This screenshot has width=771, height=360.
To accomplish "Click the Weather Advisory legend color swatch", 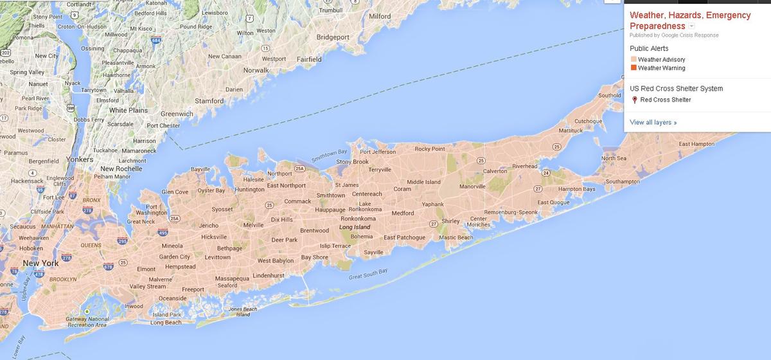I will tap(634, 60).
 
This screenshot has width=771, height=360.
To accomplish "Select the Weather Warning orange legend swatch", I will tap(634, 68).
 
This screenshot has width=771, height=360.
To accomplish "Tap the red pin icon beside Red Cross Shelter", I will tap(635, 100).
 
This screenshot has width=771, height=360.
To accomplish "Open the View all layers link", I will tap(653, 122).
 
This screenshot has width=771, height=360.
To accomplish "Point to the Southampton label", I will tap(623, 182).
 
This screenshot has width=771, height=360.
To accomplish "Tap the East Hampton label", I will tap(696, 144).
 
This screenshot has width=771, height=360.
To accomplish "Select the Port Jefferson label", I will tap(378, 152).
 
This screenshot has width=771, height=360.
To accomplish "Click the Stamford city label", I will tap(209, 101).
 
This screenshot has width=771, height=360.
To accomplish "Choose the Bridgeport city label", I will tap(333, 37).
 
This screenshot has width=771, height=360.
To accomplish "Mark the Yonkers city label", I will tap(80, 159).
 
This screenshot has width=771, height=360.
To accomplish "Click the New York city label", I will tap(40, 264).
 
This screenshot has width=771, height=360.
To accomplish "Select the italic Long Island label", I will tap(355, 228).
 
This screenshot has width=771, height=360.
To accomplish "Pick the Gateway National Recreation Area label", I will tap(87, 322).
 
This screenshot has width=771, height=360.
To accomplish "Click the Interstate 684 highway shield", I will tap(155, 40).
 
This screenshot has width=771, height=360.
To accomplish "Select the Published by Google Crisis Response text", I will tap(674, 35).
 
